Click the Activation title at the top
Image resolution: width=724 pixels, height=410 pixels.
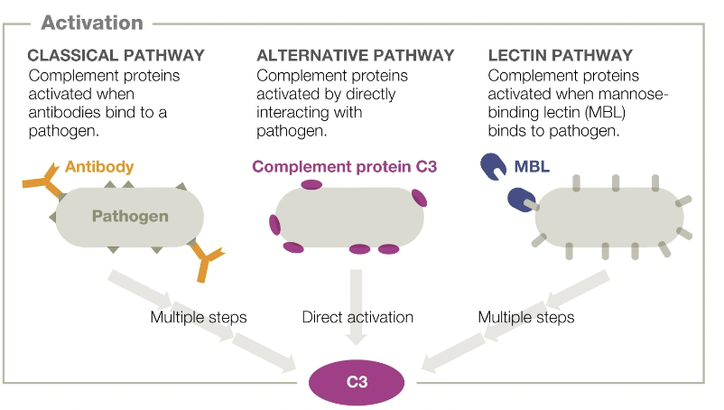tap(91, 23)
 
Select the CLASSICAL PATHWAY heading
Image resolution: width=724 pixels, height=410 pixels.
tap(116, 56)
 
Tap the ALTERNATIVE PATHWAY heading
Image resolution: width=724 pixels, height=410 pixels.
tap(355, 56)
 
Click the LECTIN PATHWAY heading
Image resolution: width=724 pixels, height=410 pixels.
tap(560, 56)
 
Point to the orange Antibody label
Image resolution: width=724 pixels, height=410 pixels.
tap(99, 166)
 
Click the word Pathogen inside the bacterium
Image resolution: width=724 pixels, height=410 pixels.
tap(130, 217)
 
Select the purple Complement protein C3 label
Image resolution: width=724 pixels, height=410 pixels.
tap(345, 166)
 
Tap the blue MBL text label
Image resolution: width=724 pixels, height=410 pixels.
tap(532, 167)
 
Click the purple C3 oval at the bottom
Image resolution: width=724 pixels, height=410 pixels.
tap(357, 382)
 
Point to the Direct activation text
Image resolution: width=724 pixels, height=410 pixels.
tap(357, 317)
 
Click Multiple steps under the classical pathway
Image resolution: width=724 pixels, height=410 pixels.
tap(198, 317)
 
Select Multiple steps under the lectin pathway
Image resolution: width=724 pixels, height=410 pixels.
tap(525, 317)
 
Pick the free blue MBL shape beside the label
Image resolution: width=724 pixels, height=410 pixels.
tap(493, 165)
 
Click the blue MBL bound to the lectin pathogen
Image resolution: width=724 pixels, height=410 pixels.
tap(522, 200)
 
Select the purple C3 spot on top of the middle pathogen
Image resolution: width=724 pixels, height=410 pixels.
tap(311, 184)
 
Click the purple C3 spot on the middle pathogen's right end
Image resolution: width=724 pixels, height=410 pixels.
tap(420, 197)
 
